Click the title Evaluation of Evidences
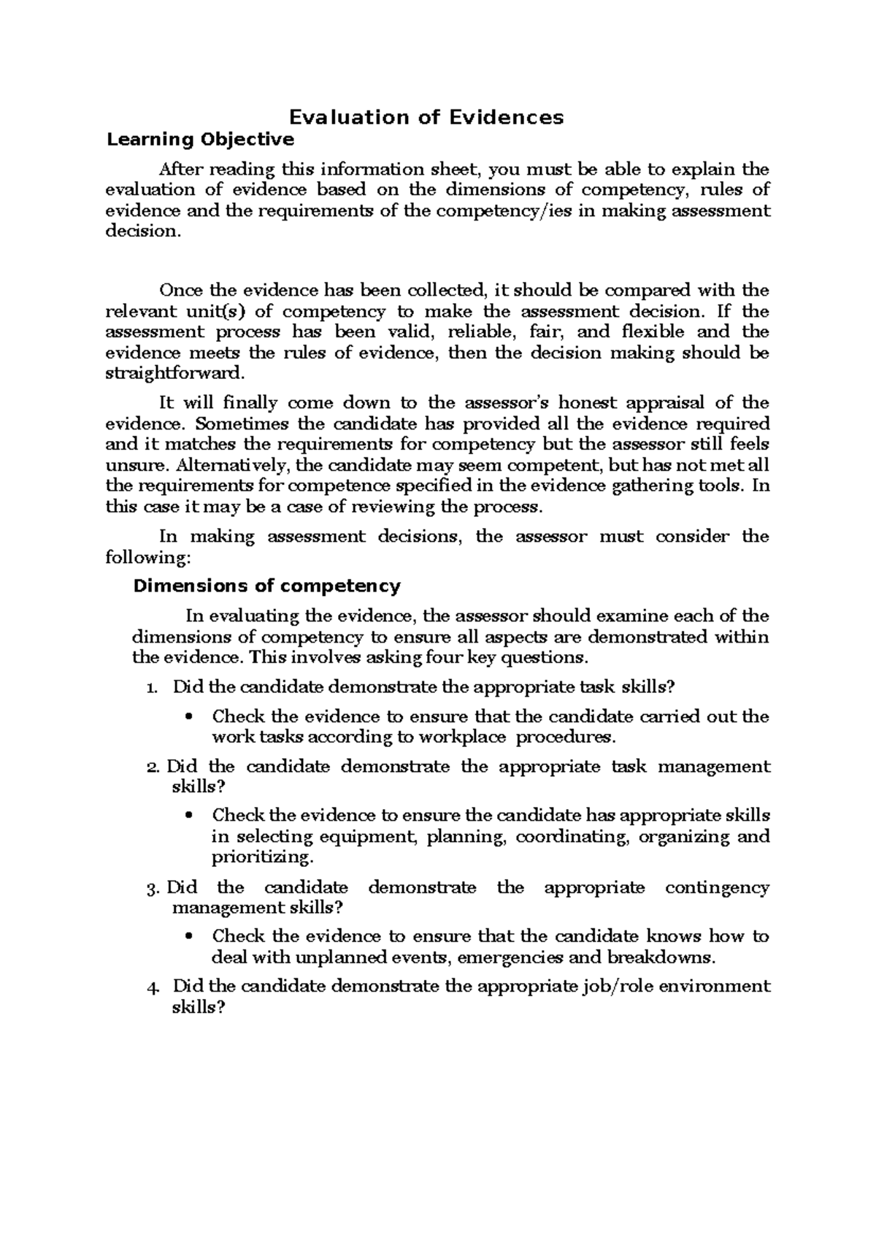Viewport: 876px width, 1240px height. click(x=427, y=117)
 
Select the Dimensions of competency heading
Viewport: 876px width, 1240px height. click(x=266, y=586)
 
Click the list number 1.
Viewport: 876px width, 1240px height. click(x=150, y=687)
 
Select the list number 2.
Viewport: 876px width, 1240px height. click(x=152, y=767)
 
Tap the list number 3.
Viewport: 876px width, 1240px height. click(x=152, y=889)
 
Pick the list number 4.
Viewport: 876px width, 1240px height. click(x=152, y=987)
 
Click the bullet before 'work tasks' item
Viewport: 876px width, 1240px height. click(x=191, y=717)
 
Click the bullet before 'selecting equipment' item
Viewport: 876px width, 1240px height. click(x=191, y=815)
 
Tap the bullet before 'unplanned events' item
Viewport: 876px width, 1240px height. click(x=191, y=937)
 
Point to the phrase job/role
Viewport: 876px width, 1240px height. click(x=618, y=987)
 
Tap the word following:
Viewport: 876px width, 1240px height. click(x=148, y=557)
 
